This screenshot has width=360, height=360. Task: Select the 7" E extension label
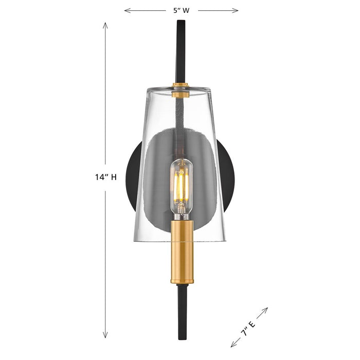(249, 327)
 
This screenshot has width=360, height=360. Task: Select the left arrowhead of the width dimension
(125, 10)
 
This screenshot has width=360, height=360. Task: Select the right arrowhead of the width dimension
(237, 10)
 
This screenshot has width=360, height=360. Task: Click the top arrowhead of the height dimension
(105, 24)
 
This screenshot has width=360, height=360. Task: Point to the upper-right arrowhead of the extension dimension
(267, 309)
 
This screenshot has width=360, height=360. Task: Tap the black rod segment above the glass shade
(181, 51)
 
